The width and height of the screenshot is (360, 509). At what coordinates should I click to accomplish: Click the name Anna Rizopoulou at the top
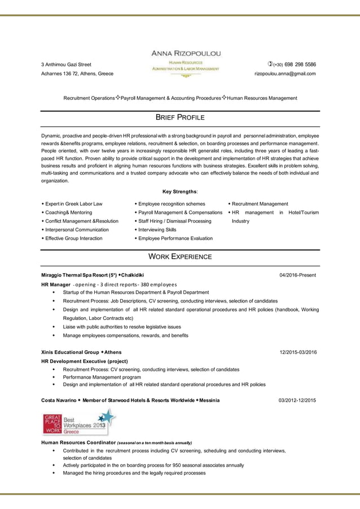coord(186,53)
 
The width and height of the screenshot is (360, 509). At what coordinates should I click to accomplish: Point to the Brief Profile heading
coord(179,118)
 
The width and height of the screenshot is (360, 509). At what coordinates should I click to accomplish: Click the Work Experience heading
coord(179,257)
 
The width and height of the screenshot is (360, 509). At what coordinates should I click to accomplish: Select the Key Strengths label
coord(180,192)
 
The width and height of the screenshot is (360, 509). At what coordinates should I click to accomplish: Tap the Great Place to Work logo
coord(79,422)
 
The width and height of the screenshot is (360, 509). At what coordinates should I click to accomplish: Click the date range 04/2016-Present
coord(297,275)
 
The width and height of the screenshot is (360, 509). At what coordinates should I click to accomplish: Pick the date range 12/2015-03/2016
coord(298,352)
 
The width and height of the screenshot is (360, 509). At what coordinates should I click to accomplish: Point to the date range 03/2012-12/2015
coord(297,400)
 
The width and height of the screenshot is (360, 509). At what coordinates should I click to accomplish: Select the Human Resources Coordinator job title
coord(78,442)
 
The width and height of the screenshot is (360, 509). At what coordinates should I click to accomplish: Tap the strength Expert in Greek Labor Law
coord(73,204)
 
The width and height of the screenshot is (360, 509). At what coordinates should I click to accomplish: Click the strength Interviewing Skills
coord(157,230)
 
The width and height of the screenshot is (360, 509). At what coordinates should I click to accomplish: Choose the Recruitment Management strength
coord(260,204)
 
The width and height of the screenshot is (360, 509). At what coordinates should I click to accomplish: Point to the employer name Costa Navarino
coord(58,400)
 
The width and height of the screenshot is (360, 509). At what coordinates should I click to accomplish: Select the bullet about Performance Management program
coord(102,377)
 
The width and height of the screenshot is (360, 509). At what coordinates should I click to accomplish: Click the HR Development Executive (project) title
coord(85,361)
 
